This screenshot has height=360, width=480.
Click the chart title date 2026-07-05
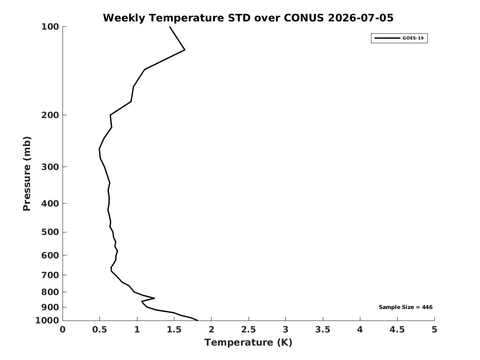point(360,18)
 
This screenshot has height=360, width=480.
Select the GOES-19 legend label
point(413,38)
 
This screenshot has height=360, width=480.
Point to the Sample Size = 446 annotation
point(406,307)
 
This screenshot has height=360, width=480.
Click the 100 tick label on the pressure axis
point(50,27)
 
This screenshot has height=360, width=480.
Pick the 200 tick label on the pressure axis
point(50,115)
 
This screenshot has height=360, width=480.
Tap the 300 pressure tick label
point(50,167)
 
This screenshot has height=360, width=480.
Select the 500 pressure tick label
point(50,232)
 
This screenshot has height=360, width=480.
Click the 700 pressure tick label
point(50,275)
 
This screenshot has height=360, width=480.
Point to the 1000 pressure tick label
point(47,321)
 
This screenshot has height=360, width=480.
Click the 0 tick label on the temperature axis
point(63,330)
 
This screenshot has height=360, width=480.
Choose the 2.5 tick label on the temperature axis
point(248,330)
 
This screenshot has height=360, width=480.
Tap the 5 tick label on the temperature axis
point(434,330)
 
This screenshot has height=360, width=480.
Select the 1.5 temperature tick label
point(174,330)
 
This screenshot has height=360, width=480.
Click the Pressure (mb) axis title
point(27,174)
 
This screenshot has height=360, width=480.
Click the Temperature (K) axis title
point(248,342)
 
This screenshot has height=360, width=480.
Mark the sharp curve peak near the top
point(185,50)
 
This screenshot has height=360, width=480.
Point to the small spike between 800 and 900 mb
point(154,298)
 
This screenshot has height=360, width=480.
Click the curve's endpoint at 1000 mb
point(197,320)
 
